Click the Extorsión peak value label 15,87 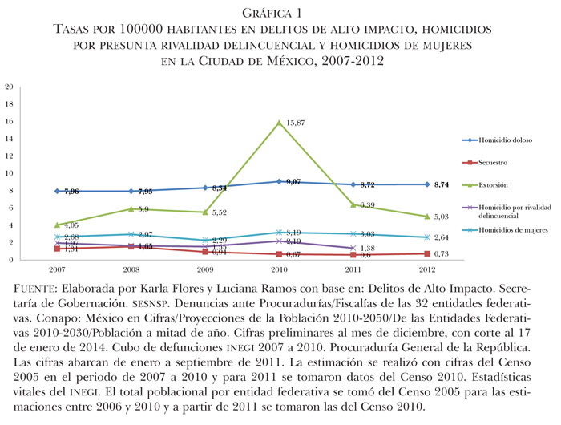click(x=298, y=123)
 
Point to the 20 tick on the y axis click(x=9, y=86)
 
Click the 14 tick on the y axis click(x=9, y=138)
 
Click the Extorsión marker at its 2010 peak click(x=279, y=122)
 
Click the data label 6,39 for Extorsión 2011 click(x=373, y=205)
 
